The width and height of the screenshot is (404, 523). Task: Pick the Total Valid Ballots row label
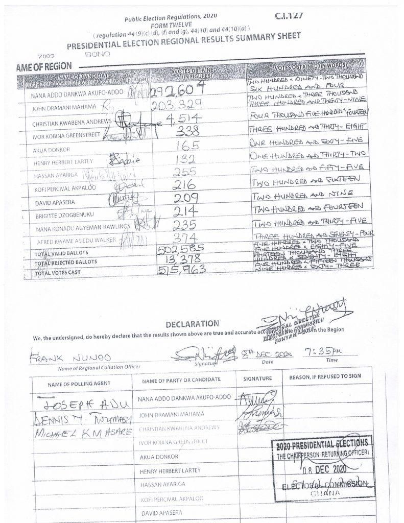(x=61, y=253)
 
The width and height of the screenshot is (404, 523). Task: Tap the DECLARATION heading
(x=192, y=323)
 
